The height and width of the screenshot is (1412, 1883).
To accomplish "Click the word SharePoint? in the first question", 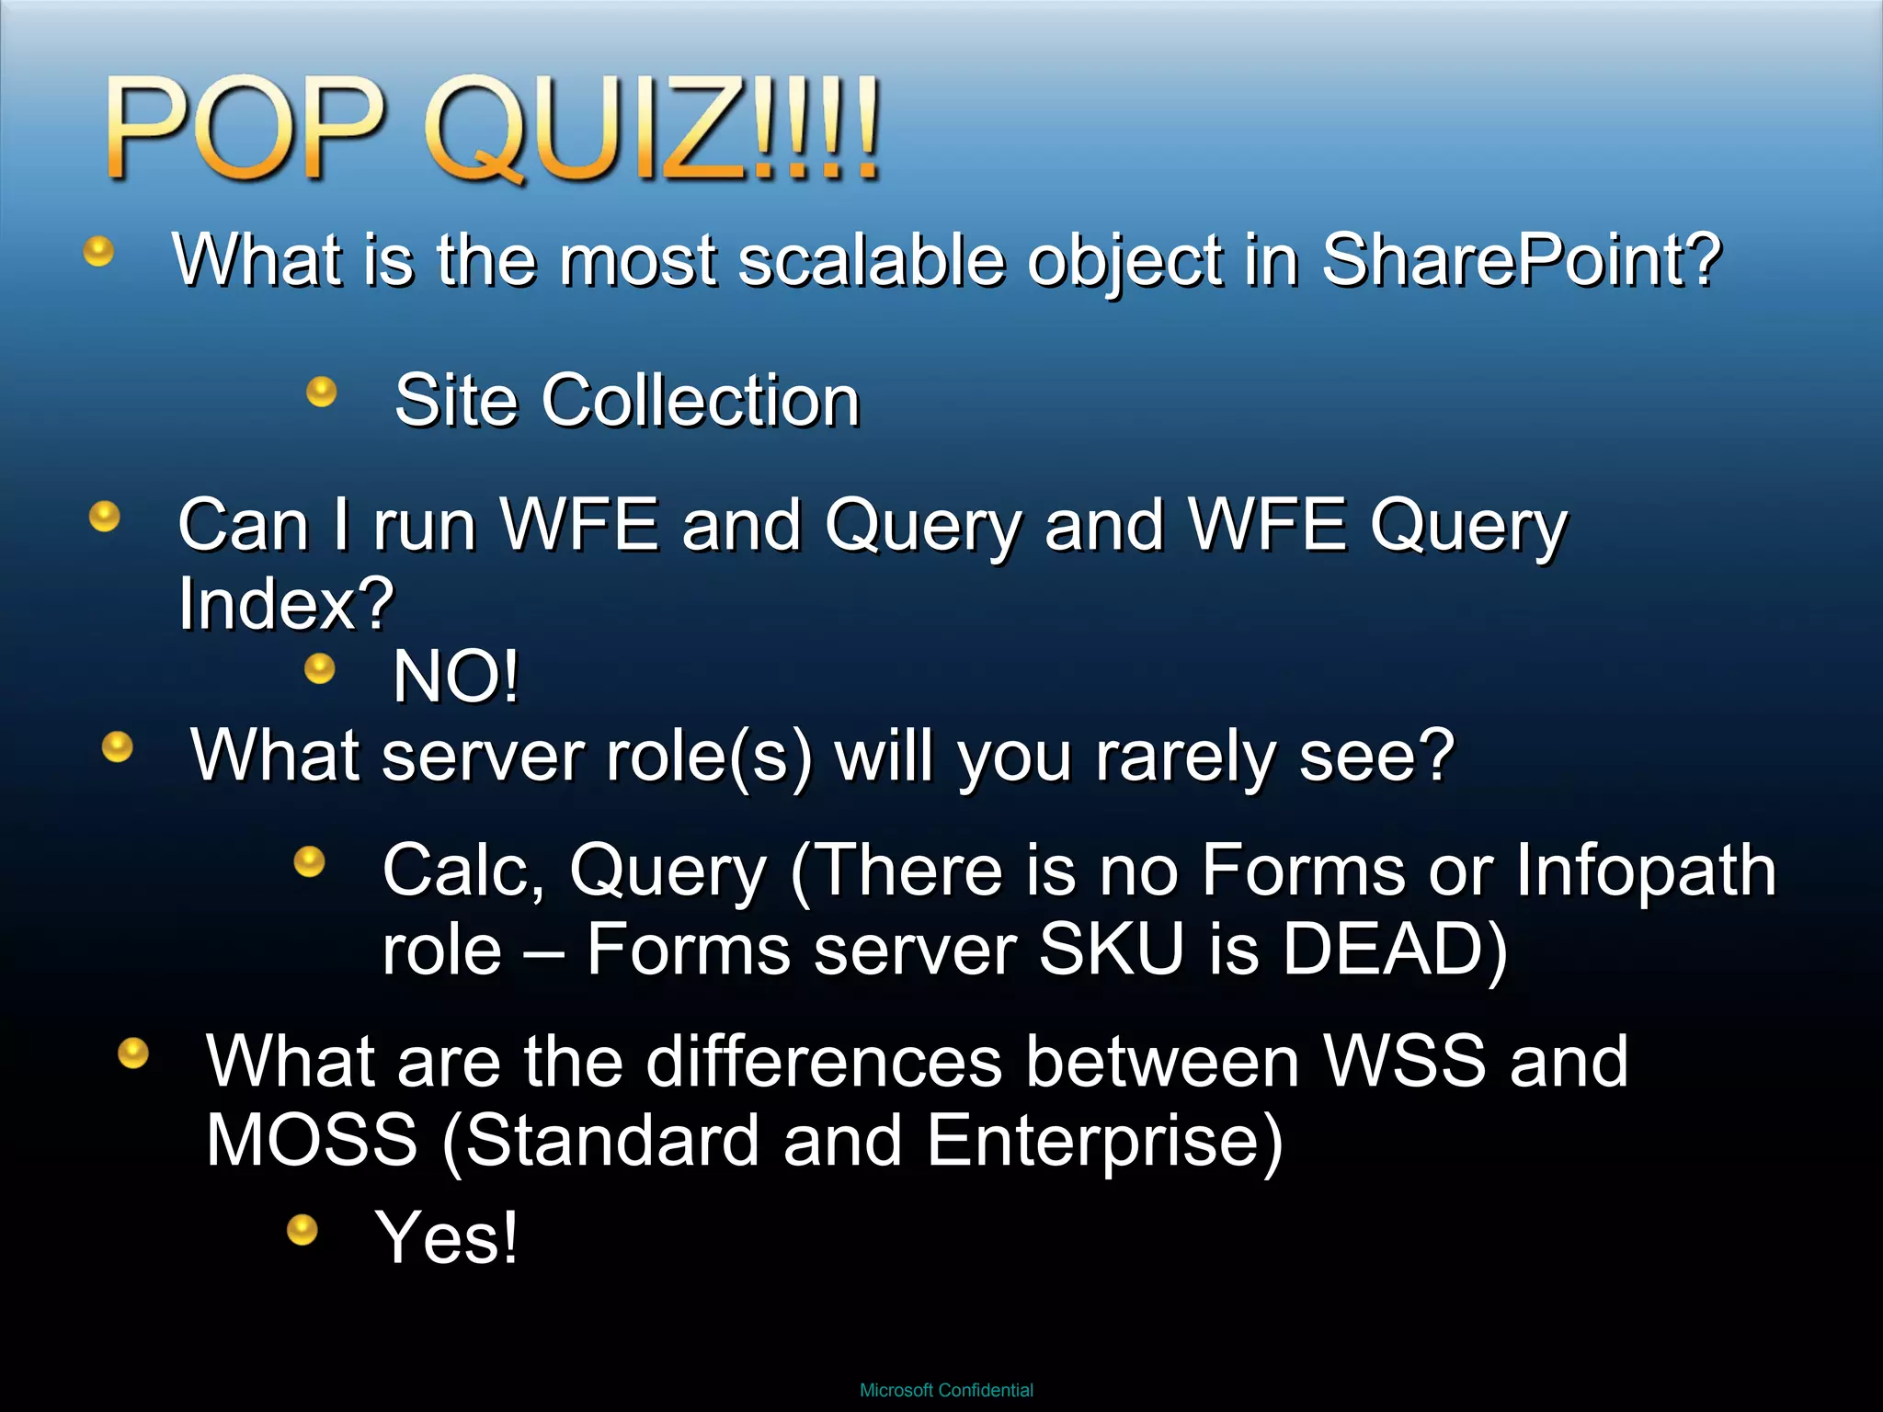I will tap(1521, 260).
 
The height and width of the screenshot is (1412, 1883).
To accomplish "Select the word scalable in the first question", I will tap(872, 260).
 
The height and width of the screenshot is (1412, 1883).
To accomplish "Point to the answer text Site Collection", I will tap(627, 401).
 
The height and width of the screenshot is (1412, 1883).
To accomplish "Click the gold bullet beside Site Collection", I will tap(321, 393).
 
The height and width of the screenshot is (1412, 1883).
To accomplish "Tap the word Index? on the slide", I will tap(286, 604).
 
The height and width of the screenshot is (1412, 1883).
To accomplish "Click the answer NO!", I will tap(456, 677).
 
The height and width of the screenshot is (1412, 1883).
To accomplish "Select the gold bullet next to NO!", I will tap(319, 668).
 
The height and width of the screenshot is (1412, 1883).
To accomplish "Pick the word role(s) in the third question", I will tap(709, 757).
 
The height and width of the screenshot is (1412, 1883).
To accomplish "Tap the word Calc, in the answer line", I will tap(463, 870).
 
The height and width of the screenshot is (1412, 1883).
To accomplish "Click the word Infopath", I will tap(1646, 870).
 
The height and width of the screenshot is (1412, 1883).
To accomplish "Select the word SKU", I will tap(1111, 950).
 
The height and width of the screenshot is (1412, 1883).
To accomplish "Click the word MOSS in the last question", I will tap(312, 1141).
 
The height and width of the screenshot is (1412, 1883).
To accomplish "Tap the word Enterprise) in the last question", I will tap(1104, 1141).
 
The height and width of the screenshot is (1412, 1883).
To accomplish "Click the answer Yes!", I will tap(447, 1237).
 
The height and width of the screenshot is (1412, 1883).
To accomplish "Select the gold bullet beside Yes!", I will tap(302, 1229).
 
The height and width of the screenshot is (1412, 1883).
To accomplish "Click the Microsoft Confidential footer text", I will tap(946, 1391).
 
